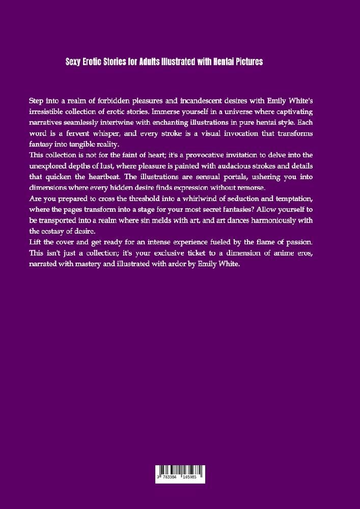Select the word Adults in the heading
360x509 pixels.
tap(150, 62)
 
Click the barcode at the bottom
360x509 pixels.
tap(180, 473)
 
